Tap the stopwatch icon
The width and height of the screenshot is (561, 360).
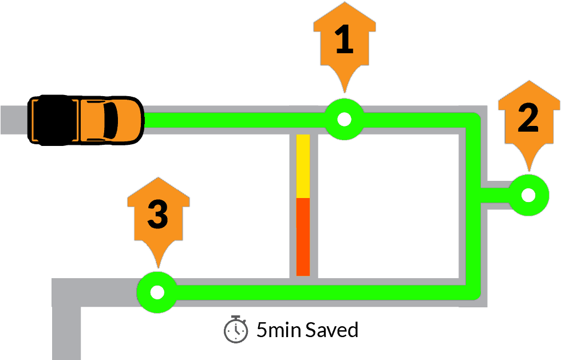click(x=236, y=330)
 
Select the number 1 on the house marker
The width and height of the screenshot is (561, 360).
click(x=344, y=41)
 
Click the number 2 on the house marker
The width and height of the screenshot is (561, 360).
click(x=528, y=119)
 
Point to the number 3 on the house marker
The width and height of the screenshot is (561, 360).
click(x=157, y=215)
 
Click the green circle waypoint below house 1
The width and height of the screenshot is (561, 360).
click(x=344, y=119)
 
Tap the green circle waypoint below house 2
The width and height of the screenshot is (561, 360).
click(x=528, y=195)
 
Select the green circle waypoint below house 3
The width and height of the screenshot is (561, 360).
click(x=157, y=292)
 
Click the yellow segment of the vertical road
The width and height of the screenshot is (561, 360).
click(x=303, y=166)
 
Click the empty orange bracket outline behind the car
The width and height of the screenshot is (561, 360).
click(x=55, y=120)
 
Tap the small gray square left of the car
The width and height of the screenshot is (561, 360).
click(x=14, y=120)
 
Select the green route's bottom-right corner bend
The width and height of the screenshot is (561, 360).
click(x=472, y=291)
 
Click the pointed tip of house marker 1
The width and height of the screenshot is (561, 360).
click(x=344, y=92)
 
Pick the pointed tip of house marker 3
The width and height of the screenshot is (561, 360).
click(x=157, y=267)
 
